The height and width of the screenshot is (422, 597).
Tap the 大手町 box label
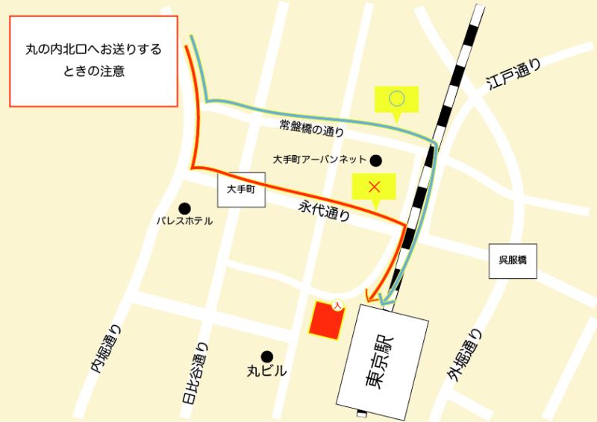click(241, 190)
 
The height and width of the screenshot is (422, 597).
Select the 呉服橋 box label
click(513, 261)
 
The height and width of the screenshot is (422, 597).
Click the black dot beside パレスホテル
click(184, 208)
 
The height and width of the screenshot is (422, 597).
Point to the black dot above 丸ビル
click(266, 356)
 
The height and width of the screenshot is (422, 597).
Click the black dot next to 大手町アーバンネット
click(376, 160)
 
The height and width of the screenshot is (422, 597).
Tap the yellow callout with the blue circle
click(397, 98)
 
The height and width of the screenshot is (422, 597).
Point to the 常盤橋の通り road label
click(312, 129)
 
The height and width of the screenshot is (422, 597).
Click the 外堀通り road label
click(466, 357)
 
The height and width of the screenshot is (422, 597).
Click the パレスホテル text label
click(184, 221)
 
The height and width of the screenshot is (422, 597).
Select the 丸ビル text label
click(266, 371)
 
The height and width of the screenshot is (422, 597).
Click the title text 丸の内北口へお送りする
click(93, 51)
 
